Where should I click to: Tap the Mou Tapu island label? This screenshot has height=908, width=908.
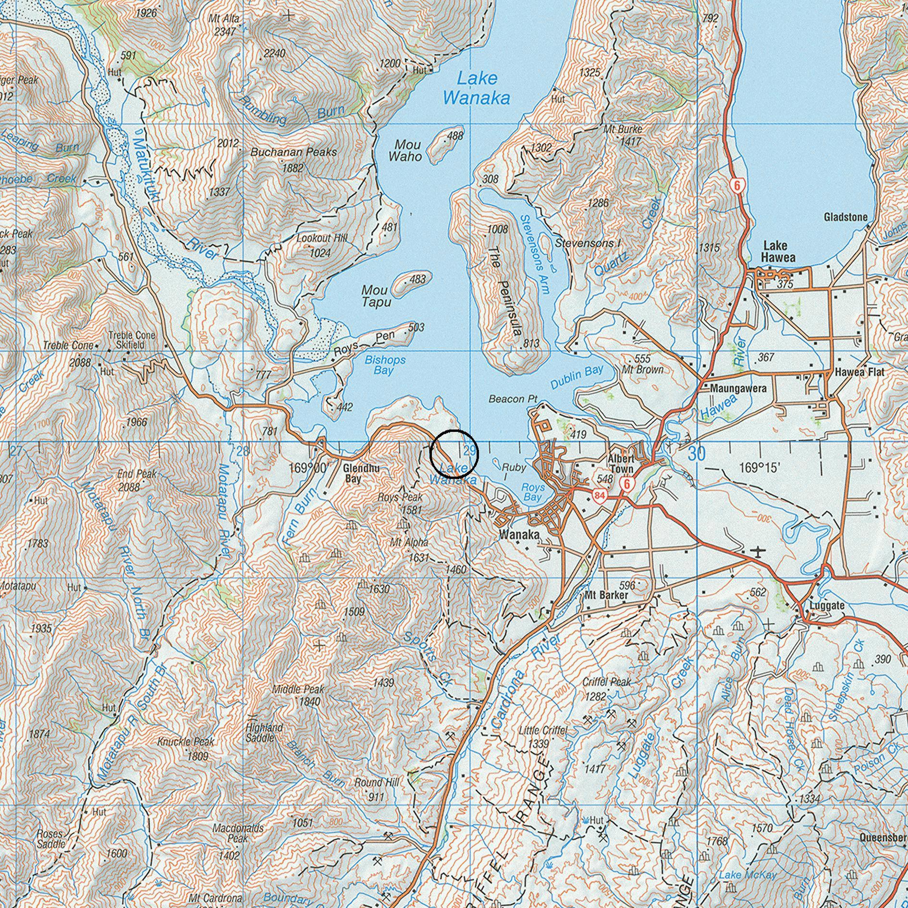376,296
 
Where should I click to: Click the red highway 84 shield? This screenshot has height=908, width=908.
599,495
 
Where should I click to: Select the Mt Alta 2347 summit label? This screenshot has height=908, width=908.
224,25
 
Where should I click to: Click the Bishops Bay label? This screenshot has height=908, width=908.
385,365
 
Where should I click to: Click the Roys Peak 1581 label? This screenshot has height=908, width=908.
400,502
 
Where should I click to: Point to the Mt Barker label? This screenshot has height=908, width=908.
606,596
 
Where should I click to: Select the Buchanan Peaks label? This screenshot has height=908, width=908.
294,152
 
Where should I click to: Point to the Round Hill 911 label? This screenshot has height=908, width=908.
377,783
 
